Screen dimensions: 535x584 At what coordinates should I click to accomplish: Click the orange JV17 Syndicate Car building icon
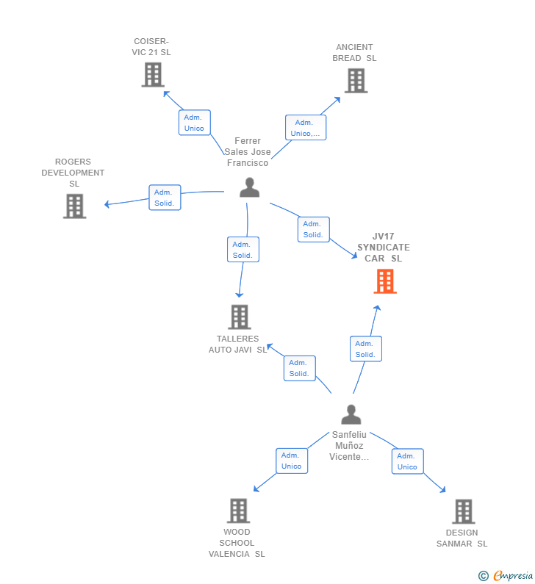click(x=385, y=281)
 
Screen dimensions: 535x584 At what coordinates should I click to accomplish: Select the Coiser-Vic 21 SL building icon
click(x=153, y=74)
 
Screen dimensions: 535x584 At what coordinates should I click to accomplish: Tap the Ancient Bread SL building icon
click(x=356, y=81)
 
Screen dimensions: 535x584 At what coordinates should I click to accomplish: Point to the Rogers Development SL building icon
click(x=74, y=206)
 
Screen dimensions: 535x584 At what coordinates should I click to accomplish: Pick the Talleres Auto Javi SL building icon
click(x=240, y=317)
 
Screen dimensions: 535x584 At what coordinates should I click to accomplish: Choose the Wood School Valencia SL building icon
click(x=238, y=511)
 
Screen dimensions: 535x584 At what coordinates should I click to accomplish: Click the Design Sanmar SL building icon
click(x=464, y=511)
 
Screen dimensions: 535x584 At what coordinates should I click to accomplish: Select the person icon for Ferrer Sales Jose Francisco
click(x=250, y=187)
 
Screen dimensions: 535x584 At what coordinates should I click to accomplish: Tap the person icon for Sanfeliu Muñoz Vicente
click(x=351, y=414)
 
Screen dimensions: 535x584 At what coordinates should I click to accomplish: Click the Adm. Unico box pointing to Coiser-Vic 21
click(x=195, y=123)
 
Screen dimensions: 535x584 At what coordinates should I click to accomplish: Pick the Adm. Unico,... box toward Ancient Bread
click(x=306, y=127)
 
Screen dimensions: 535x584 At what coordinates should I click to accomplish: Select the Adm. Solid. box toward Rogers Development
click(x=165, y=198)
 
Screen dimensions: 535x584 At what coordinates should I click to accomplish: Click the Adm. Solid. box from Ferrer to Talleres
click(x=243, y=250)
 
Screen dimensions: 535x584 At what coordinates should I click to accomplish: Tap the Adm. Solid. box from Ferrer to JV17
click(x=313, y=229)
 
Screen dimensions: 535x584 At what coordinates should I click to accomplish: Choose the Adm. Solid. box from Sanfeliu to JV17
click(x=365, y=349)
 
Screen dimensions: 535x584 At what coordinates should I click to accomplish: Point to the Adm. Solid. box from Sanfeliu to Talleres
click(x=300, y=368)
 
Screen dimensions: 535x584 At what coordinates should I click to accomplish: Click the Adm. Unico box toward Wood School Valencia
click(x=292, y=461)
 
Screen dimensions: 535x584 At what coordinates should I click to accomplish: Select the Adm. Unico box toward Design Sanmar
click(x=408, y=461)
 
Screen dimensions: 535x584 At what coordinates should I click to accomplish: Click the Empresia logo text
click(x=513, y=575)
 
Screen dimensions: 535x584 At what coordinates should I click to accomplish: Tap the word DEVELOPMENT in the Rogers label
click(x=73, y=173)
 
